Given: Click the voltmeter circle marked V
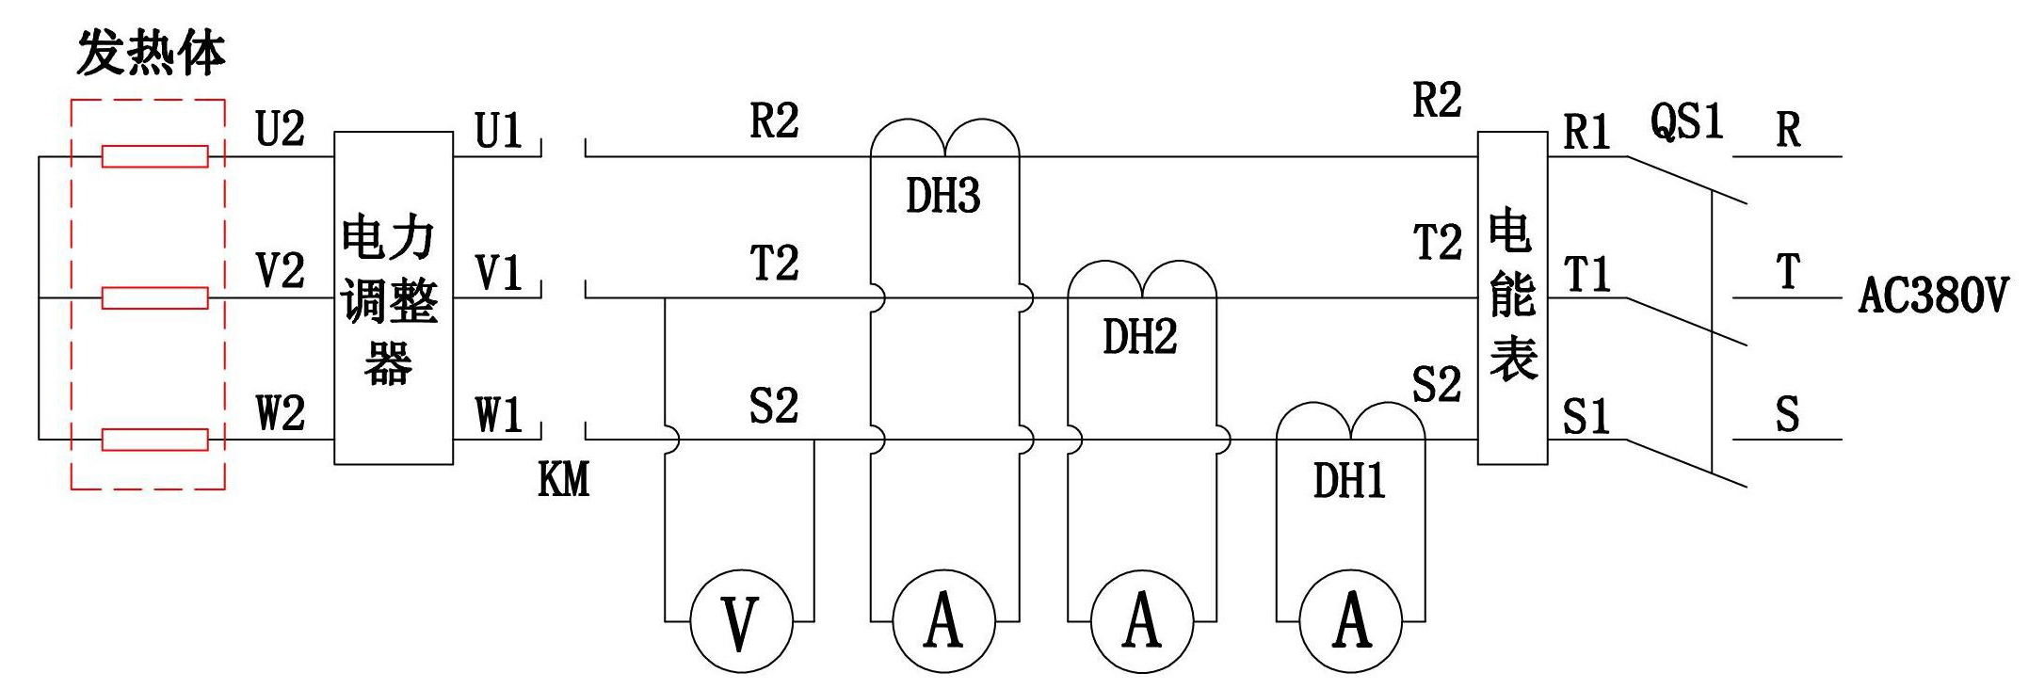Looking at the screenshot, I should (x=741, y=621).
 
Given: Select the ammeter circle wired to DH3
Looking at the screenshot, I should (x=943, y=621).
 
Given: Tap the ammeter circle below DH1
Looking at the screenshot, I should (x=1351, y=621).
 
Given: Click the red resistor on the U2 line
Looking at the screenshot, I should (x=155, y=156).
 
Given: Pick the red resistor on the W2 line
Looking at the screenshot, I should (x=155, y=440).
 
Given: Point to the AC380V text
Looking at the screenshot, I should (x=1932, y=296).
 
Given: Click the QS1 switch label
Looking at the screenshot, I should (x=1686, y=121).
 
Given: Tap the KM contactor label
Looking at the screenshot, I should (x=563, y=480).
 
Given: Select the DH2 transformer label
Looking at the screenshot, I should (x=1139, y=337).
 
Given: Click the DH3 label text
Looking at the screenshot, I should (x=942, y=196).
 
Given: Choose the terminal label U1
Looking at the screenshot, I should (x=498, y=130).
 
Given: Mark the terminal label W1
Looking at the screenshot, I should (x=498, y=415).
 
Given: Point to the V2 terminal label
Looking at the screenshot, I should (x=281, y=271).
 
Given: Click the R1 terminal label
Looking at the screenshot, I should (x=1586, y=132).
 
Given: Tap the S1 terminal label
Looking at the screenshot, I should (x=1586, y=416).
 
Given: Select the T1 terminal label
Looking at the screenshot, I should (x=1587, y=275).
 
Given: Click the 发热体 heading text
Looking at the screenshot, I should (x=151, y=53).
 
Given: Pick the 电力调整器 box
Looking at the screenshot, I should (x=394, y=297).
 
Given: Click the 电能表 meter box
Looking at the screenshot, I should (x=1512, y=297).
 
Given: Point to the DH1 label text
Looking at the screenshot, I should (x=1349, y=481).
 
